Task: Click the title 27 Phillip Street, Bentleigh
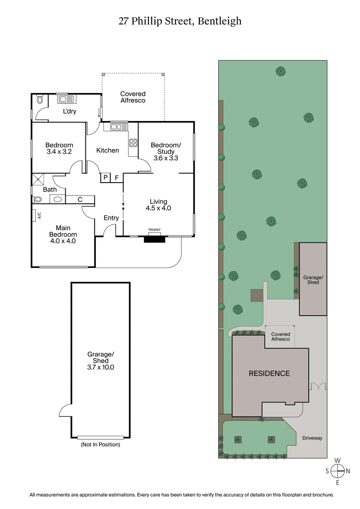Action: coord(180,21)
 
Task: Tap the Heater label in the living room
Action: coord(154,230)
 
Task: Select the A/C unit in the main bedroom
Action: coord(39,215)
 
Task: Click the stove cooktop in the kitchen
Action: coord(133,143)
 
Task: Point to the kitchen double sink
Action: coord(119,127)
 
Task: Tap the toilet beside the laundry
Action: coord(39,99)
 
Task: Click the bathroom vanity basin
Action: coord(58,199)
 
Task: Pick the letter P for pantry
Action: coord(105,178)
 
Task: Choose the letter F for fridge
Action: coord(117,178)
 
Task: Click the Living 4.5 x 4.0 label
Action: coord(158,205)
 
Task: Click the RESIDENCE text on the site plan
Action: coord(270,373)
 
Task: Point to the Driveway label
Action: coord(312,438)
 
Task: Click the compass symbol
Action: coord(337,471)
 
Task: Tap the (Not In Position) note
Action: coord(100,445)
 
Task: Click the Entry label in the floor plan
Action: coord(111,218)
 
